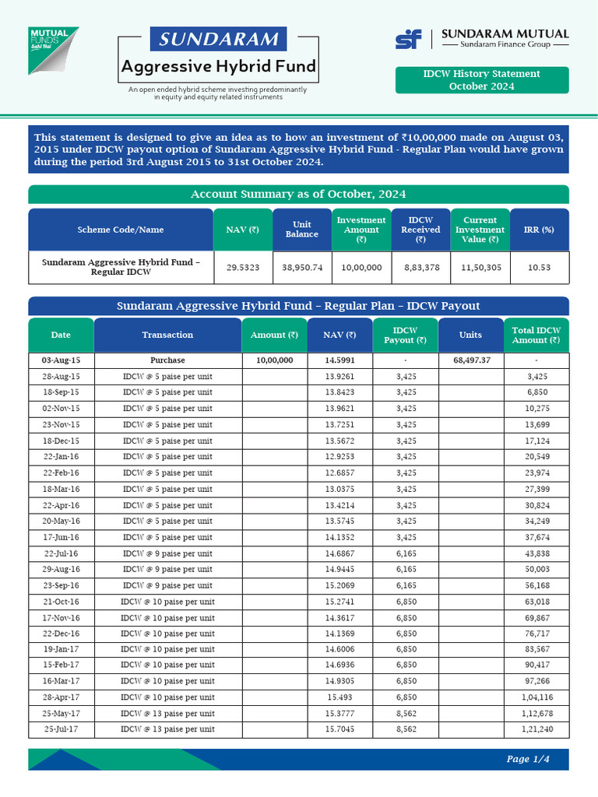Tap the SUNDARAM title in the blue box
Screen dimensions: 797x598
(x=218, y=39)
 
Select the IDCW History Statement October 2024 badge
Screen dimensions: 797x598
(x=481, y=79)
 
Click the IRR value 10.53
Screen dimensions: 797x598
(x=540, y=267)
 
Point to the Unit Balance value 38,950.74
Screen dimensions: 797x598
(x=302, y=267)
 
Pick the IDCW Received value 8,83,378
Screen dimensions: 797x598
(x=420, y=267)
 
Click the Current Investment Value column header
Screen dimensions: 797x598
(x=480, y=230)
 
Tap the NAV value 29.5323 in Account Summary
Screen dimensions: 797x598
(x=243, y=267)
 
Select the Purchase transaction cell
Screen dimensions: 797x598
(x=167, y=360)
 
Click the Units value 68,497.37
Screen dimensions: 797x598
(x=470, y=360)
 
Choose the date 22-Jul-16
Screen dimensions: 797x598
(x=61, y=553)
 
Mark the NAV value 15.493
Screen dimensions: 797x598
(x=340, y=697)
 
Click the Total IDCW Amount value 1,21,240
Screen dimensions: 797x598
(x=536, y=729)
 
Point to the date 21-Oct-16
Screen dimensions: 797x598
(x=61, y=602)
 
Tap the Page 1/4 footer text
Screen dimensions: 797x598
(x=528, y=759)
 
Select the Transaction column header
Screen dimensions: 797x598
(x=167, y=335)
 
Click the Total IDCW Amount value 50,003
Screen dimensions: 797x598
(x=536, y=570)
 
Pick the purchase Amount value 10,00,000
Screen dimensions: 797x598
(x=275, y=360)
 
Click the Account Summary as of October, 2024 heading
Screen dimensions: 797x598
(x=298, y=194)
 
